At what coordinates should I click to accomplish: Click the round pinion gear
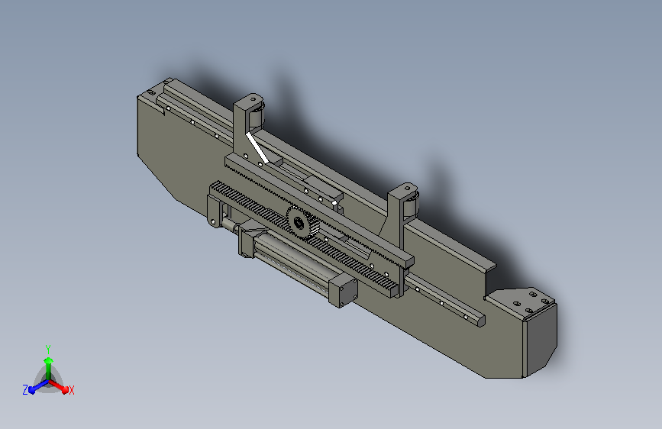click(302, 223)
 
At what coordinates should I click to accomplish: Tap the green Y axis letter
click(48, 350)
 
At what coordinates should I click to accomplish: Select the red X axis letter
click(71, 391)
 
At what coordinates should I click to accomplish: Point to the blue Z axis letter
click(25, 390)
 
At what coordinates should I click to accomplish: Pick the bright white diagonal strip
click(257, 147)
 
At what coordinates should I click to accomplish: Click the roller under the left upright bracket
click(257, 116)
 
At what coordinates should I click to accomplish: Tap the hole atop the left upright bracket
click(253, 100)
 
